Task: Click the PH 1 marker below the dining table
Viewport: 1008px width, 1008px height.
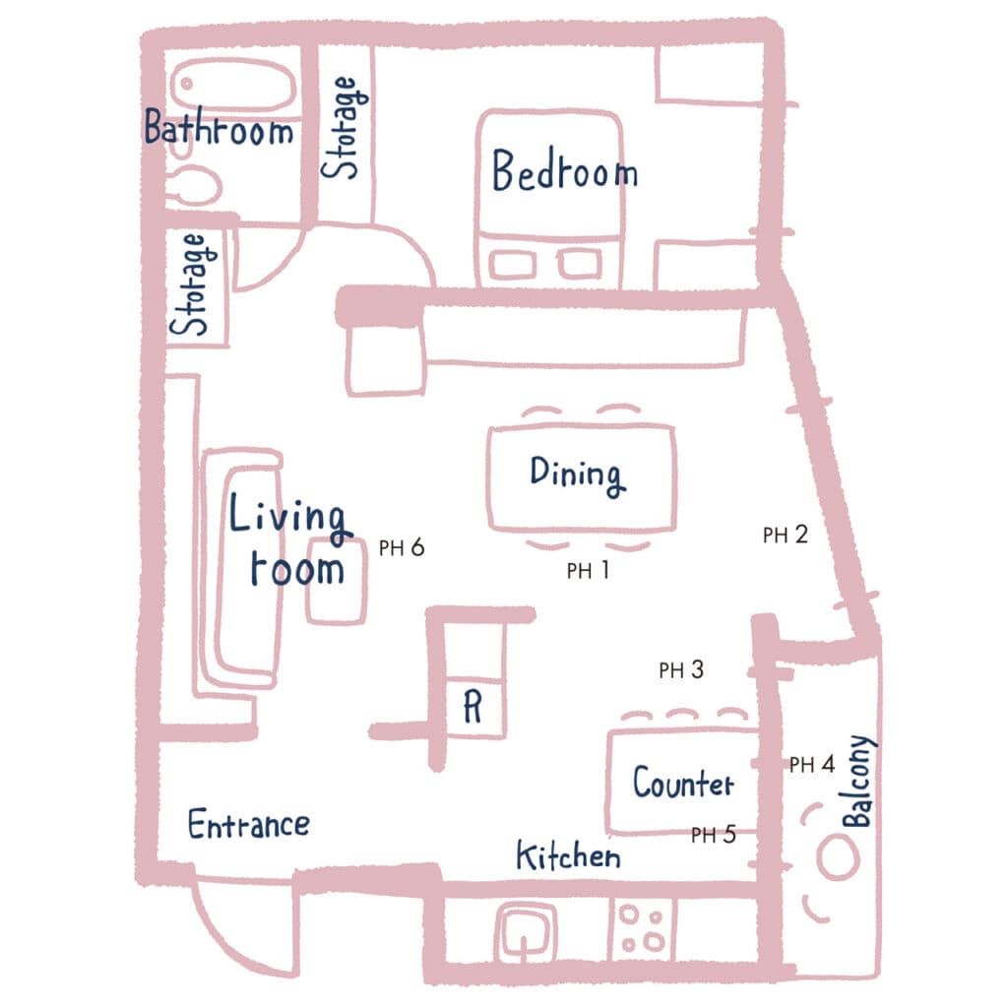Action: tap(588, 570)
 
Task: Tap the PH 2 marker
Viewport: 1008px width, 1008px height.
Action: tap(785, 535)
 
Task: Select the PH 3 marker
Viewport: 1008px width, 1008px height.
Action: tap(681, 669)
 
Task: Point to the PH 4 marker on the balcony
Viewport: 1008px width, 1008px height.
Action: tap(812, 764)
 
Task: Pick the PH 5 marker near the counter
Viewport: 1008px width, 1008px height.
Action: tap(713, 835)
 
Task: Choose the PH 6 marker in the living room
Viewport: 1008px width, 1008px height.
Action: tap(402, 547)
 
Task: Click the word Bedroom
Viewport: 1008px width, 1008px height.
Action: tap(564, 170)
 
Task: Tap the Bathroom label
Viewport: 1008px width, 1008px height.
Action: tap(219, 127)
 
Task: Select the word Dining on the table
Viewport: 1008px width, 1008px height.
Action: tap(577, 475)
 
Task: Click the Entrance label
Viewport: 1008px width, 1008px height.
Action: tap(248, 824)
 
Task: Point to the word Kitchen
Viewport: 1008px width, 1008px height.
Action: tap(568, 855)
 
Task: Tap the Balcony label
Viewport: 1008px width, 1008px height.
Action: tap(858, 781)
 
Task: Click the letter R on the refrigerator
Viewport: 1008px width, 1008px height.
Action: tap(472, 707)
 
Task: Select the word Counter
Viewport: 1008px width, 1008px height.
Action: tap(683, 783)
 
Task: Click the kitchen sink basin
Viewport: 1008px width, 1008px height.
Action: tap(526, 931)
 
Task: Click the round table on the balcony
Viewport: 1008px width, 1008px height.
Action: tap(838, 858)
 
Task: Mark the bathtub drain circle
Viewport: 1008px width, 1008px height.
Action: tap(186, 84)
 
